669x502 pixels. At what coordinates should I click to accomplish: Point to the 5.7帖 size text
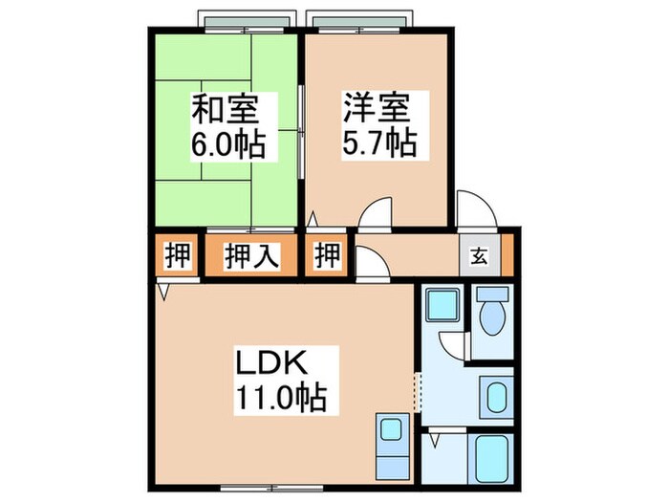click(377, 144)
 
